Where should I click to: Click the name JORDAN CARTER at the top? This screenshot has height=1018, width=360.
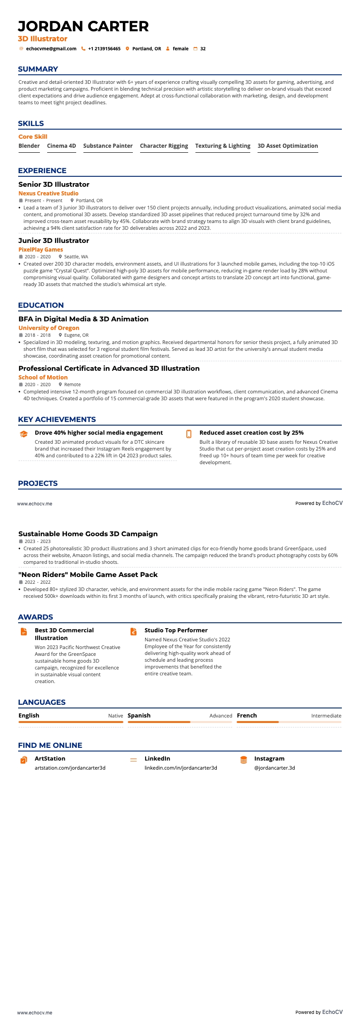tap(83, 26)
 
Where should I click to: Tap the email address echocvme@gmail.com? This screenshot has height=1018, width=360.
tap(51, 49)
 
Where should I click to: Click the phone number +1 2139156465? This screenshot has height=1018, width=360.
tap(104, 49)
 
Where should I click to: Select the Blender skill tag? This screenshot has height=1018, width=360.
tap(29, 146)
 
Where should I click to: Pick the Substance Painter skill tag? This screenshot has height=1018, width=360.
tap(108, 146)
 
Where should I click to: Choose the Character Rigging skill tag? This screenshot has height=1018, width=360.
tap(164, 146)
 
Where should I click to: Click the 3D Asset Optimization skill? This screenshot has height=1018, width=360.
tap(287, 146)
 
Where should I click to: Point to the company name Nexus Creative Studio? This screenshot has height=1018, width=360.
tap(49, 194)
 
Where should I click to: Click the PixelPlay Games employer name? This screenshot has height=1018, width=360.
tap(41, 250)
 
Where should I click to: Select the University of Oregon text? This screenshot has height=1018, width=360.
tap(49, 328)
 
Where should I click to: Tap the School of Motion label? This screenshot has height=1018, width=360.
tap(43, 378)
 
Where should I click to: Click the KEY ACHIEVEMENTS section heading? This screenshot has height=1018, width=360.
tap(57, 420)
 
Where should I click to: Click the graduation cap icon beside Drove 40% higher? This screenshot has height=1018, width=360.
tap(24, 434)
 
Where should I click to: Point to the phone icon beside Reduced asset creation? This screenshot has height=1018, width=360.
tap(189, 434)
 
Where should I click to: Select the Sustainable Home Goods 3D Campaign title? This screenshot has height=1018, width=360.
tap(88, 534)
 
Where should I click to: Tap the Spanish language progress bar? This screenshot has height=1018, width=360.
tap(180, 722)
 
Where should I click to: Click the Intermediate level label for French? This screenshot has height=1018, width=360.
tap(326, 716)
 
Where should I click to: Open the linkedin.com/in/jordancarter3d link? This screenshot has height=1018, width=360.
tap(181, 768)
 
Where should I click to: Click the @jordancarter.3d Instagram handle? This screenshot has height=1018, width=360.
tap(275, 768)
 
